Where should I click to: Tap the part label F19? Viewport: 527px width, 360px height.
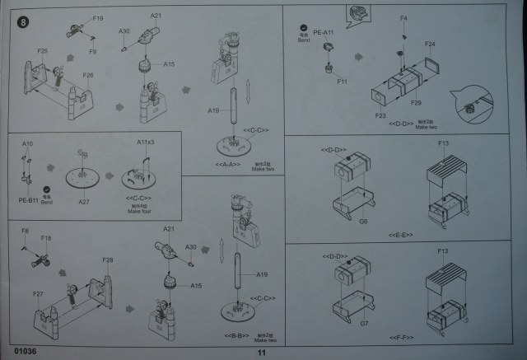coord(98,17)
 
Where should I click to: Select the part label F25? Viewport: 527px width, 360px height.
coord(43,51)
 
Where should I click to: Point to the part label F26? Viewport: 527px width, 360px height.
coord(88,75)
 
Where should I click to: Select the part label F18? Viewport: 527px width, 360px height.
coord(46,239)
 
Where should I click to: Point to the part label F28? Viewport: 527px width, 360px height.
coord(107,260)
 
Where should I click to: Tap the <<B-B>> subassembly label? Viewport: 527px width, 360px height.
coord(236,336)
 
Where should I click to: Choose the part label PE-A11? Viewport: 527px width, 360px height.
coord(323,32)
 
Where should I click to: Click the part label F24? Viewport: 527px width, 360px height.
coord(430,43)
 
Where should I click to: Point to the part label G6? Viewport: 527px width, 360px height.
coord(362,221)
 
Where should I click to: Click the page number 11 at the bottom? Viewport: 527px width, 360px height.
coord(262,352)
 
